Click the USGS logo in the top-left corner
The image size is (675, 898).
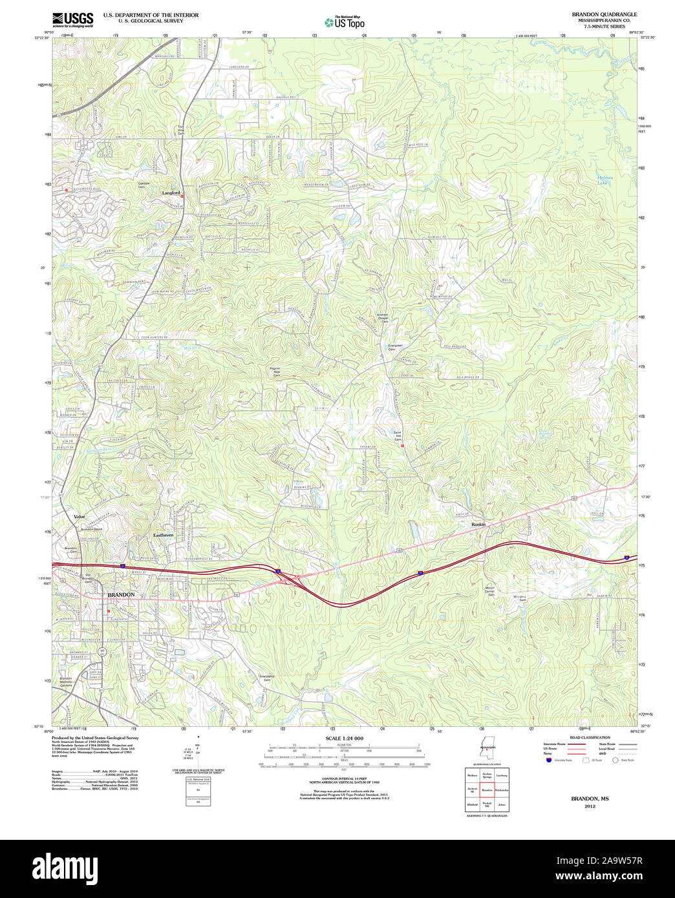pos(72,19)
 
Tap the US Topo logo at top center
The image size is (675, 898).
pos(345,21)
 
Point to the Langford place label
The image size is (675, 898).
pos(171,193)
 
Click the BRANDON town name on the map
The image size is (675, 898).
pos(121,594)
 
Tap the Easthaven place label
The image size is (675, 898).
pos(164,535)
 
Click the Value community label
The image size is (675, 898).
pos(80,517)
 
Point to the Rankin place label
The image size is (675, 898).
pos(478,524)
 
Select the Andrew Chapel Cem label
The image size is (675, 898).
pos(383,318)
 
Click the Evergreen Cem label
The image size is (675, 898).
pos(394,347)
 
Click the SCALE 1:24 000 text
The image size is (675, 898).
pos(344,738)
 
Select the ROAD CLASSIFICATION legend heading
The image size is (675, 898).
pos(589,737)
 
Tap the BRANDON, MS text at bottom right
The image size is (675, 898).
pos(589,799)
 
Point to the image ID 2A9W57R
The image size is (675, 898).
pos(620,861)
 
